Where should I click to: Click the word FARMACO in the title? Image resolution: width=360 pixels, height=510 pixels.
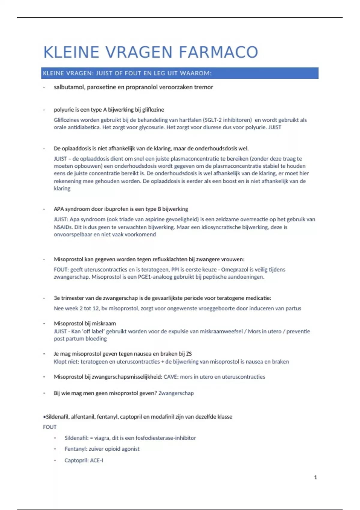coord(218,52)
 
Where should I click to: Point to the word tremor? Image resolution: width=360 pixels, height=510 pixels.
coord(203,87)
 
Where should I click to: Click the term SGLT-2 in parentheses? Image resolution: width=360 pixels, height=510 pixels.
coord(213,120)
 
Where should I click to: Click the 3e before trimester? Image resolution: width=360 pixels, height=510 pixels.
coord(57,298)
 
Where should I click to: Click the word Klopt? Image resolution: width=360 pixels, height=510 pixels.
coord(60,362)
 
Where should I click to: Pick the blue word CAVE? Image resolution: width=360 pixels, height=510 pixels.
coord(171,377)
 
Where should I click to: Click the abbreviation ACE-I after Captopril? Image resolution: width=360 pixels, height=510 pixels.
coord(97,460)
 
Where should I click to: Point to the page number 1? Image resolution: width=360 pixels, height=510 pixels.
coord(315,477)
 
